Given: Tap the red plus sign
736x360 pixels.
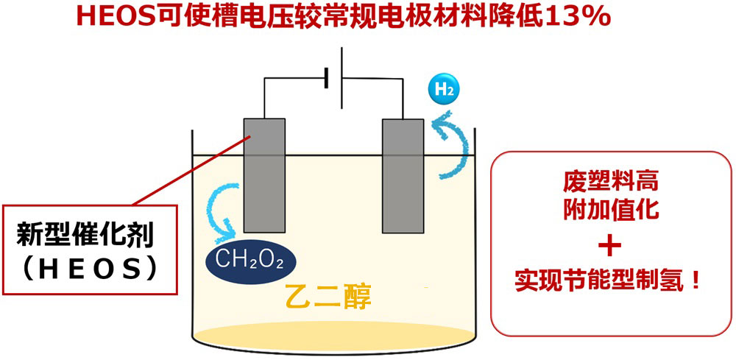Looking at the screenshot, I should pyautogui.click(x=613, y=244).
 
